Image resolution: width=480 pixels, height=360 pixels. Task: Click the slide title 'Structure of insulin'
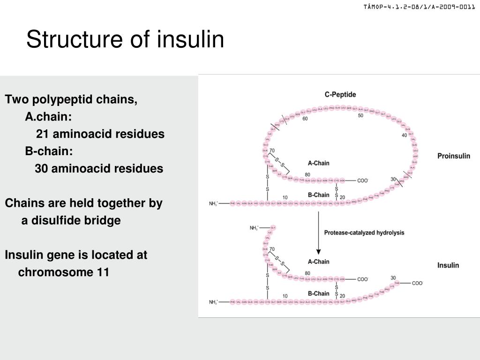coord(125,39)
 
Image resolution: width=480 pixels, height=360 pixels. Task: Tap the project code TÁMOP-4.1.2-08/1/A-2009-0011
coord(419,7)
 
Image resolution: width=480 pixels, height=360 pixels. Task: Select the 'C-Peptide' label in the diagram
coord(340,94)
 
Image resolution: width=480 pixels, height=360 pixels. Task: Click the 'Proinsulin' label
coord(453,156)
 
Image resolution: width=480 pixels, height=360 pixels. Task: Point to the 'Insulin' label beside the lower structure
coord(448,265)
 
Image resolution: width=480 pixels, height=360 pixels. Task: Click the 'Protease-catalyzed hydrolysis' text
coord(364,232)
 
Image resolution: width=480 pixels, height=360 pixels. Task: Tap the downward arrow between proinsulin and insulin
coord(319,232)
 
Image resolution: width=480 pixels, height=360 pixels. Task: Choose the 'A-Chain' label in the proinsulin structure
coord(318,163)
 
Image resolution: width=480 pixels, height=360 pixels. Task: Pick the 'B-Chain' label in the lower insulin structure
coord(318,293)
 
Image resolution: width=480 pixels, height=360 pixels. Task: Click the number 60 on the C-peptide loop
coord(305,119)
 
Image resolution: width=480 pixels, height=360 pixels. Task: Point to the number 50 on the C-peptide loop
coord(360,115)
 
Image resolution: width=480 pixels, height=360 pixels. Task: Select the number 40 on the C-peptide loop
coord(404,135)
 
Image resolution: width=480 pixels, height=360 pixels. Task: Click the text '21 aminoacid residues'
coord(100,134)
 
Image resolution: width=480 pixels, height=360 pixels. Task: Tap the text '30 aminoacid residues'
coord(99,169)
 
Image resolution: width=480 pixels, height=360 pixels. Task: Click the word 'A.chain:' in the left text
coord(48,117)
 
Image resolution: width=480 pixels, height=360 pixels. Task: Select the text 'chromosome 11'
coord(64,272)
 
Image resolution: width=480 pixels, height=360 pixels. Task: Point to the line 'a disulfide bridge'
coord(71,220)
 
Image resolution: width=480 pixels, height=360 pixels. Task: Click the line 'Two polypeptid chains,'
coord(71,99)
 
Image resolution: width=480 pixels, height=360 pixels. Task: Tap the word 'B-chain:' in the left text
coord(49,151)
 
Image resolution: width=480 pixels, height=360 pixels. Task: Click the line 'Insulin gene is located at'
coord(76,255)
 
